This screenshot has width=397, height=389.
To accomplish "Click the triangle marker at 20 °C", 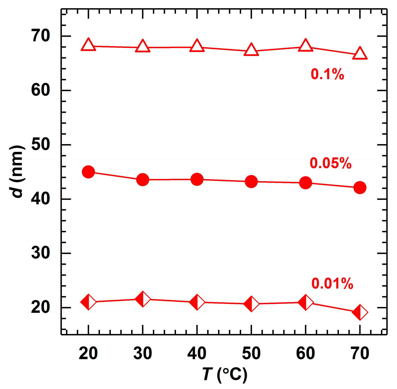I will coord(88,45).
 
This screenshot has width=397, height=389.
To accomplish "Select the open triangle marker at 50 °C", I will coord(251,50).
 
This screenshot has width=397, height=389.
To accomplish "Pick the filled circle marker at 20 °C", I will coord(88,172).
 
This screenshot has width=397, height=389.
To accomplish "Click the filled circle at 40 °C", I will coord(197,179).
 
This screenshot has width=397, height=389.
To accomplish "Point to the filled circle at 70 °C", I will coord(360,187).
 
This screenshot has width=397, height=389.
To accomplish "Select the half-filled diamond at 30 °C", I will coord(143,299).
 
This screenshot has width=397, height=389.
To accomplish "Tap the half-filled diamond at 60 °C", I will coord(306,303).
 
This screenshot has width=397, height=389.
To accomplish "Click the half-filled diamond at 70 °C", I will coord(360,313).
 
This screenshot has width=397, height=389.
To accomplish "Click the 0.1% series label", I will coord(327,74).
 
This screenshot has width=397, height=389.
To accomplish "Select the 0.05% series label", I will coord(331,163).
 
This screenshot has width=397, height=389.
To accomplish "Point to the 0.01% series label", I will coord(332,284).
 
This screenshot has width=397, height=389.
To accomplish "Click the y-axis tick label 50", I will coord(41,145).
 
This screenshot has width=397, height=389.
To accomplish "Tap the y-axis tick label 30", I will coord(41,253).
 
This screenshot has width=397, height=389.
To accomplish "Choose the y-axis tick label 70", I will coord(41,36).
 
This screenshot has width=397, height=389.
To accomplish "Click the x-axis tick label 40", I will coord(197,353).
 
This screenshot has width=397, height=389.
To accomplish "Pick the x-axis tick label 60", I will coord(306,353).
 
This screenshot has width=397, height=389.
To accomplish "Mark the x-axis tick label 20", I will coord(88,353).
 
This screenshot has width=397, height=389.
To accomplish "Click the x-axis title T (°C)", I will coord(225,374).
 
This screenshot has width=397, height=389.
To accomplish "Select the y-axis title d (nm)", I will coord(17,171).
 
